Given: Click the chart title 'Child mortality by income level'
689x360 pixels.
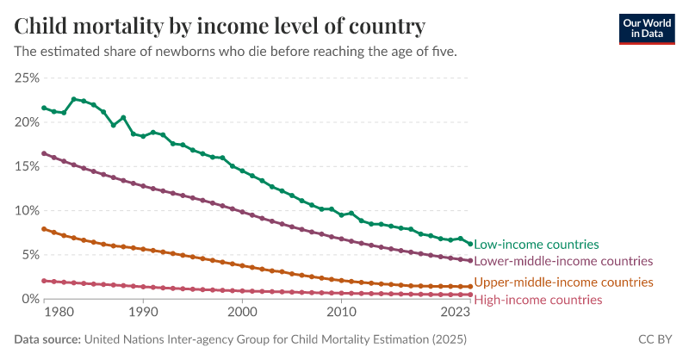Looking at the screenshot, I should tap(220, 26).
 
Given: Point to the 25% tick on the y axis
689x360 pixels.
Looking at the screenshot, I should tap(27, 78).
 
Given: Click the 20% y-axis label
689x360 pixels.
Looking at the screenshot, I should tap(27, 122).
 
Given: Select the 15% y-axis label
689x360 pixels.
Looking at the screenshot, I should tap(27, 166).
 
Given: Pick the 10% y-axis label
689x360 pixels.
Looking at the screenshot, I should tap(27, 211).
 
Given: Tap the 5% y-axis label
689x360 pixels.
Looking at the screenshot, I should tap(30, 255).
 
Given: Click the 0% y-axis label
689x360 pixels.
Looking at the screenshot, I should tap(30, 299).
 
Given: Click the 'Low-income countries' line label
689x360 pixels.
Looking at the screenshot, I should tap(537, 245).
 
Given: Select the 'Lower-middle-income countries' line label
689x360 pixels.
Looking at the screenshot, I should tap(563, 261).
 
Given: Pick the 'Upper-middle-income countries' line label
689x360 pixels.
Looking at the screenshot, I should tap(563, 282).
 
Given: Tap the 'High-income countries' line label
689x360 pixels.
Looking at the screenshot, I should tap(538, 300).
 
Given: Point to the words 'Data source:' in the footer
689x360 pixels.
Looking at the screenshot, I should tap(47, 339).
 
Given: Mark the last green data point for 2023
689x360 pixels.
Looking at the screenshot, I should tap(470, 244).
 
